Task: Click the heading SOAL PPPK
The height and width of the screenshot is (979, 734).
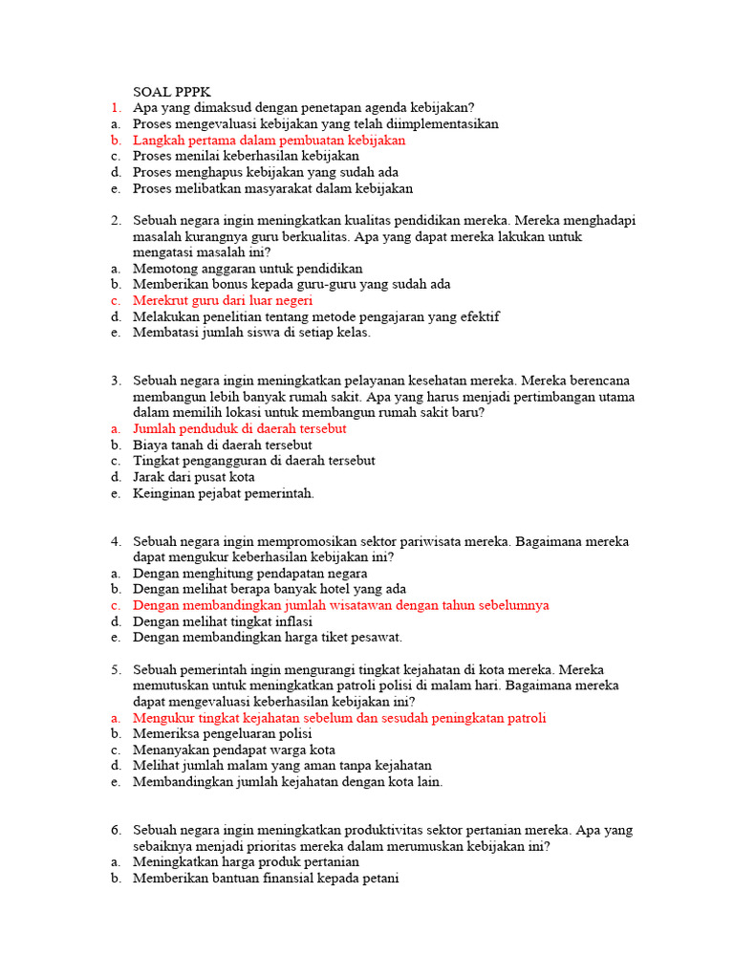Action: point(171,92)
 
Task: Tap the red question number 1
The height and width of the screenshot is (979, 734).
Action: point(115,108)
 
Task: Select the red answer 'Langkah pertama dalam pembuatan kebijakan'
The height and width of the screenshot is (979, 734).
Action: point(270,140)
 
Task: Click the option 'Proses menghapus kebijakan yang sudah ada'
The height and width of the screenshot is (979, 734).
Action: point(266,172)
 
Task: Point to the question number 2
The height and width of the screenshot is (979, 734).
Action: point(115,221)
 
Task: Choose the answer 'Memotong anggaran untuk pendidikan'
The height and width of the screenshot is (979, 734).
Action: point(248,269)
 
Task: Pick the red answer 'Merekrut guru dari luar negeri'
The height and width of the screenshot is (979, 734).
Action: point(223,300)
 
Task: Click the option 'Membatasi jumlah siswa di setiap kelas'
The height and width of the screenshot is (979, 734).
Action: point(251,333)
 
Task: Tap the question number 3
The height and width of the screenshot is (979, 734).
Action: point(115,381)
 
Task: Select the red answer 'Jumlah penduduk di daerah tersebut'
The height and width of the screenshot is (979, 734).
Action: point(240,429)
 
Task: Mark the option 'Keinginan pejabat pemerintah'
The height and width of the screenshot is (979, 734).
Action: point(224,493)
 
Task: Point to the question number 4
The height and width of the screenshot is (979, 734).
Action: point(115,541)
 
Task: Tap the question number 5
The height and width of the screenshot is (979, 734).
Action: point(115,670)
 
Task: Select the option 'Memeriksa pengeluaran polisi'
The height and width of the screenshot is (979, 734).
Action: point(223,734)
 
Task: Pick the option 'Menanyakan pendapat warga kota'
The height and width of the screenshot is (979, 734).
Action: point(234,751)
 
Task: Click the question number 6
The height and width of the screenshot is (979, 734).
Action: point(115,830)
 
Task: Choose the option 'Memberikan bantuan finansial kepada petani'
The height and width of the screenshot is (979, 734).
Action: point(266,879)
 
